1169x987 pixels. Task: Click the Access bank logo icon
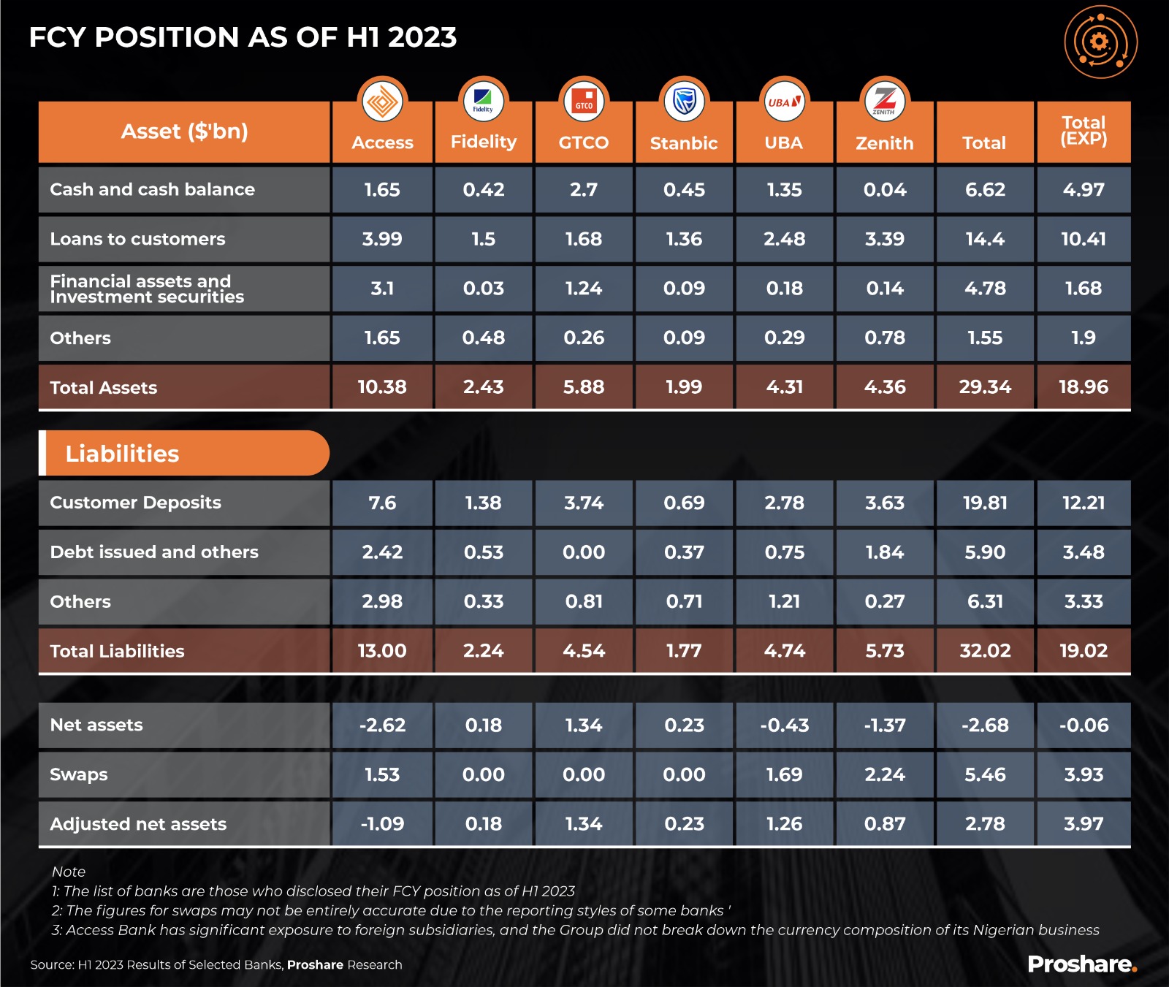pos(382,101)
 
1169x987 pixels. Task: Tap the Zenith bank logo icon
pos(884,101)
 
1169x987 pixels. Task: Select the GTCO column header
pos(583,142)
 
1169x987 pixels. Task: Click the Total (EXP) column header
pos(1084,132)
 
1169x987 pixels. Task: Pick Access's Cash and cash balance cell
pos(382,190)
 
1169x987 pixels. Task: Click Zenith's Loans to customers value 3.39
pos(884,239)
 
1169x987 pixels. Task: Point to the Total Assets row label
pos(104,388)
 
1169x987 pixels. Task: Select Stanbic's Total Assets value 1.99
pos(684,387)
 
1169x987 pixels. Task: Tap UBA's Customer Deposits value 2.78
pos(784,503)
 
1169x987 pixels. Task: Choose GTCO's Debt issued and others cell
pos(583,552)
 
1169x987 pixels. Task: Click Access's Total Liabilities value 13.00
pos(382,651)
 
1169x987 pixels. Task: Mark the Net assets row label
pos(96,725)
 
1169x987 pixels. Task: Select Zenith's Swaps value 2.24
pos(884,774)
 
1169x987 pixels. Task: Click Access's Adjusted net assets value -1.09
pos(382,824)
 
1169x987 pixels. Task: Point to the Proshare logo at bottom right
pos(1081,964)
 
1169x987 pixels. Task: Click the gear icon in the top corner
pos(1100,42)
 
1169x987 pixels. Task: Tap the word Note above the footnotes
pos(69,872)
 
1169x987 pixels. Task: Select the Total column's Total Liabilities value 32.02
pos(985,651)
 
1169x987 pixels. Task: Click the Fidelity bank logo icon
pos(483,101)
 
